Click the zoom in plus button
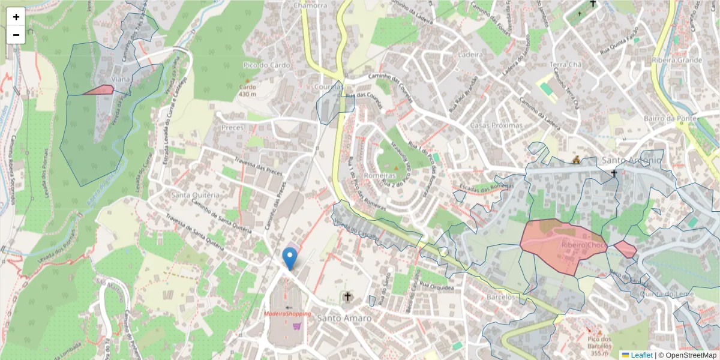pyautogui.click(x=16, y=17)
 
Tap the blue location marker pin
pyautogui.click(x=290, y=258)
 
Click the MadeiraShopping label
pyautogui.click(x=288, y=314)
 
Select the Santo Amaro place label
pyautogui.click(x=344, y=318)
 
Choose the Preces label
pyautogui.click(x=233, y=128)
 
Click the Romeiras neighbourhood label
pyautogui.click(x=380, y=176)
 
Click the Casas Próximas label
pyautogui.click(x=496, y=126)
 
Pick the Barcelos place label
pyautogui.click(x=501, y=297)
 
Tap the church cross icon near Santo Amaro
pyautogui.click(x=347, y=296)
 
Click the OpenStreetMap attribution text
pyautogui.click(x=690, y=355)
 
